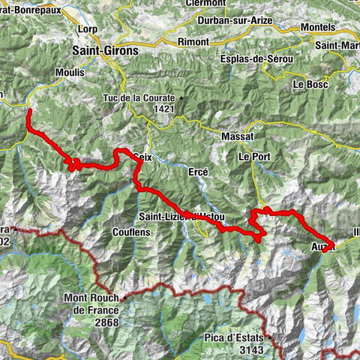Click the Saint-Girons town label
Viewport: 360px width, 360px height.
pyautogui.click(x=106, y=50)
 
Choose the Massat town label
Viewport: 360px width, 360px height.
pyautogui.click(x=238, y=136)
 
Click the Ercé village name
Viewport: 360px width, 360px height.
pyautogui.click(x=195, y=171)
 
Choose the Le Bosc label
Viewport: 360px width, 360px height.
pyautogui.click(x=310, y=84)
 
